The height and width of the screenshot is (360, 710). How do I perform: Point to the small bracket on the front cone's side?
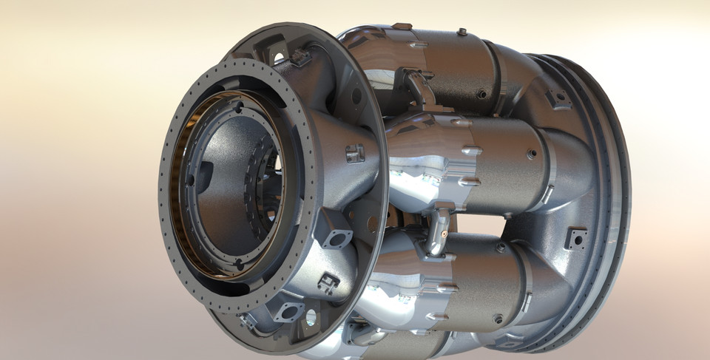coord(356,154)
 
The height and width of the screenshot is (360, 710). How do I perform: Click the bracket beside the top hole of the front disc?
coord(300,58)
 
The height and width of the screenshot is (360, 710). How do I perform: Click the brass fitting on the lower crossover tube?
coord(442,231)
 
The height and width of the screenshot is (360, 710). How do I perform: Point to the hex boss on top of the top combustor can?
coord(461,32)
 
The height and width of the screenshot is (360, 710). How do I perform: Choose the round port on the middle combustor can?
coord(531,154)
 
